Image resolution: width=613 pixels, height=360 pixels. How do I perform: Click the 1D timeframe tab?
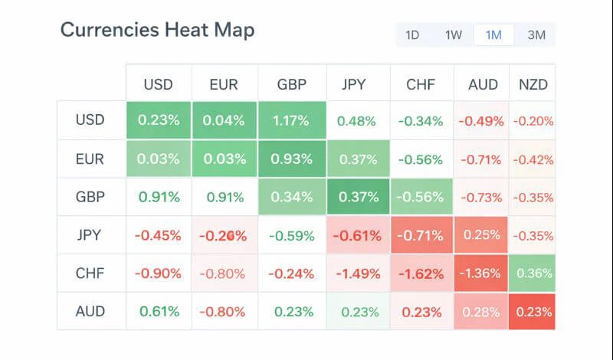click(412, 35)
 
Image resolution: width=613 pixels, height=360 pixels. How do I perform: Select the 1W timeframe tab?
click(453, 35)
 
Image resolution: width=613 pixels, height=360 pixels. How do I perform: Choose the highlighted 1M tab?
click(493, 35)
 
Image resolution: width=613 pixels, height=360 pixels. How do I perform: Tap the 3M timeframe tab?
click(536, 35)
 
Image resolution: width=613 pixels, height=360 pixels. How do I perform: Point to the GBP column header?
click(291, 84)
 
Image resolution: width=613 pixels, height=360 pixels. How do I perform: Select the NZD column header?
click(533, 84)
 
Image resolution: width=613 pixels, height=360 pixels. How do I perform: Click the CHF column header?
click(421, 84)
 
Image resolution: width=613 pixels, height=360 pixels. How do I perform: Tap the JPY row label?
click(90, 235)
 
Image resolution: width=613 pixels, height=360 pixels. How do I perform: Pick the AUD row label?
click(90, 312)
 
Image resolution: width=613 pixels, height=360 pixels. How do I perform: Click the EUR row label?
click(90, 159)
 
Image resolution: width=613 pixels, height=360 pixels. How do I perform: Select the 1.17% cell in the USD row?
click(291, 121)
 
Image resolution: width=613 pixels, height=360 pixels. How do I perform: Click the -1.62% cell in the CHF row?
click(421, 273)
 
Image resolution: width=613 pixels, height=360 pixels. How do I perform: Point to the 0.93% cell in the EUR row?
click(291, 159)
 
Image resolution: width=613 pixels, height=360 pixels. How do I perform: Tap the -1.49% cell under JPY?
click(357, 273)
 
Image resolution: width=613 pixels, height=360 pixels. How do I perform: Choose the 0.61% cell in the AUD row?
click(159, 312)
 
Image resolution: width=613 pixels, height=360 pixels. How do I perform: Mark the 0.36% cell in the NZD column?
click(533, 273)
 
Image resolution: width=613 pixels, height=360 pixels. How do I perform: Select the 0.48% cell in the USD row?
click(357, 121)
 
